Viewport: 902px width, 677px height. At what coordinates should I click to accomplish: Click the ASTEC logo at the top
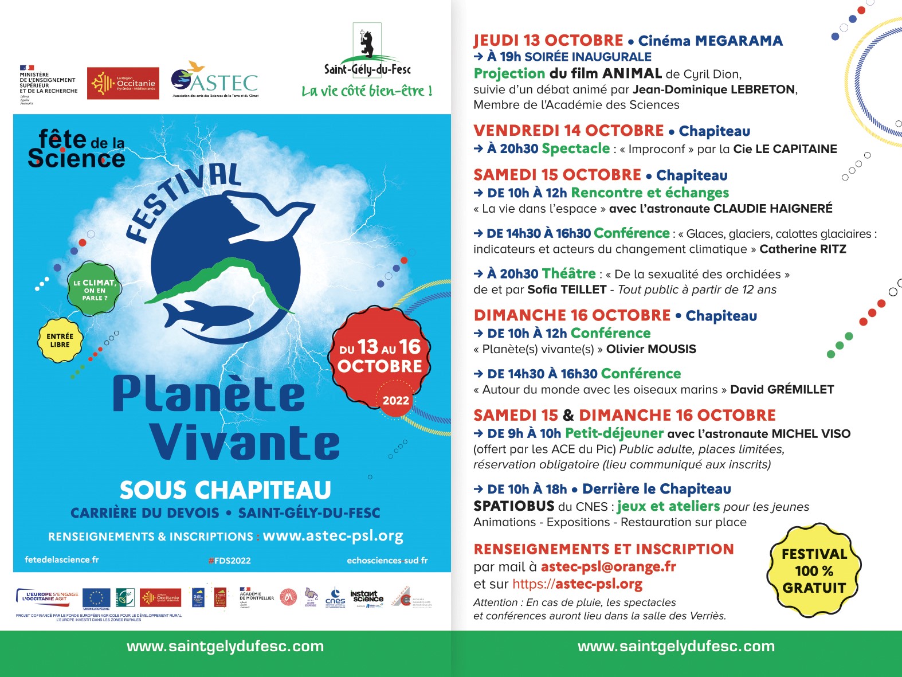pyautogui.click(x=215, y=81)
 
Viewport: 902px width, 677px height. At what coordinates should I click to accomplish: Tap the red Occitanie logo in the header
pyautogui.click(x=123, y=84)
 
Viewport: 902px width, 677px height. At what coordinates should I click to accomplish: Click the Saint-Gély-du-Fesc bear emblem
pyautogui.click(x=367, y=43)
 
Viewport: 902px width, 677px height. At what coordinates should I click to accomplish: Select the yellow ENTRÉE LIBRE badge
pyautogui.click(x=60, y=341)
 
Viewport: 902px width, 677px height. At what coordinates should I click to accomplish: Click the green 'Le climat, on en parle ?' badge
pyautogui.click(x=95, y=290)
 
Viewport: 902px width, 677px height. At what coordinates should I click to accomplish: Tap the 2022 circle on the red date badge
pyautogui.click(x=396, y=400)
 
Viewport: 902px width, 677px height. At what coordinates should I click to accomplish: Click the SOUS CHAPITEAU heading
pyautogui.click(x=225, y=490)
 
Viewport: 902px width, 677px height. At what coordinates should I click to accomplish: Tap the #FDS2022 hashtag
pyautogui.click(x=229, y=561)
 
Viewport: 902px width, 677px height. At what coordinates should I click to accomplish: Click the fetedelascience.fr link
pyautogui.click(x=62, y=559)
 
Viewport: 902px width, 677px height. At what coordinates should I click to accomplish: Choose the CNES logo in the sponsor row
pyautogui.click(x=335, y=597)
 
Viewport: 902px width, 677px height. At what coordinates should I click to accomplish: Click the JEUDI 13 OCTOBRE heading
pyautogui.click(x=548, y=41)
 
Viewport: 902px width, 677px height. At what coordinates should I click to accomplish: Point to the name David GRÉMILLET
pyautogui.click(x=782, y=390)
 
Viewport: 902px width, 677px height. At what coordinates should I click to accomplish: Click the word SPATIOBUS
pyautogui.click(x=513, y=506)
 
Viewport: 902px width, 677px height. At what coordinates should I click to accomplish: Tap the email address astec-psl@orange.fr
pyautogui.click(x=608, y=567)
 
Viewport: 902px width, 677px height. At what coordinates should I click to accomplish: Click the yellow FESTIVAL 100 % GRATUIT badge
pyautogui.click(x=814, y=570)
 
